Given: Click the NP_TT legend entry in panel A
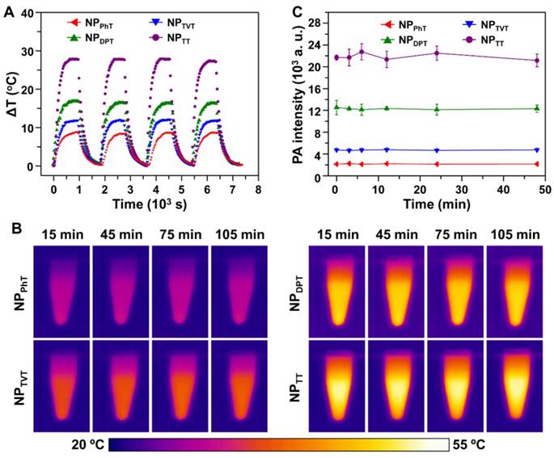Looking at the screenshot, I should [x=178, y=37].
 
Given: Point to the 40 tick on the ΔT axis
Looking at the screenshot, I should [x=36, y=13].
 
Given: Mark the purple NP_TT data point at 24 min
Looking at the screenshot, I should [x=437, y=53].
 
